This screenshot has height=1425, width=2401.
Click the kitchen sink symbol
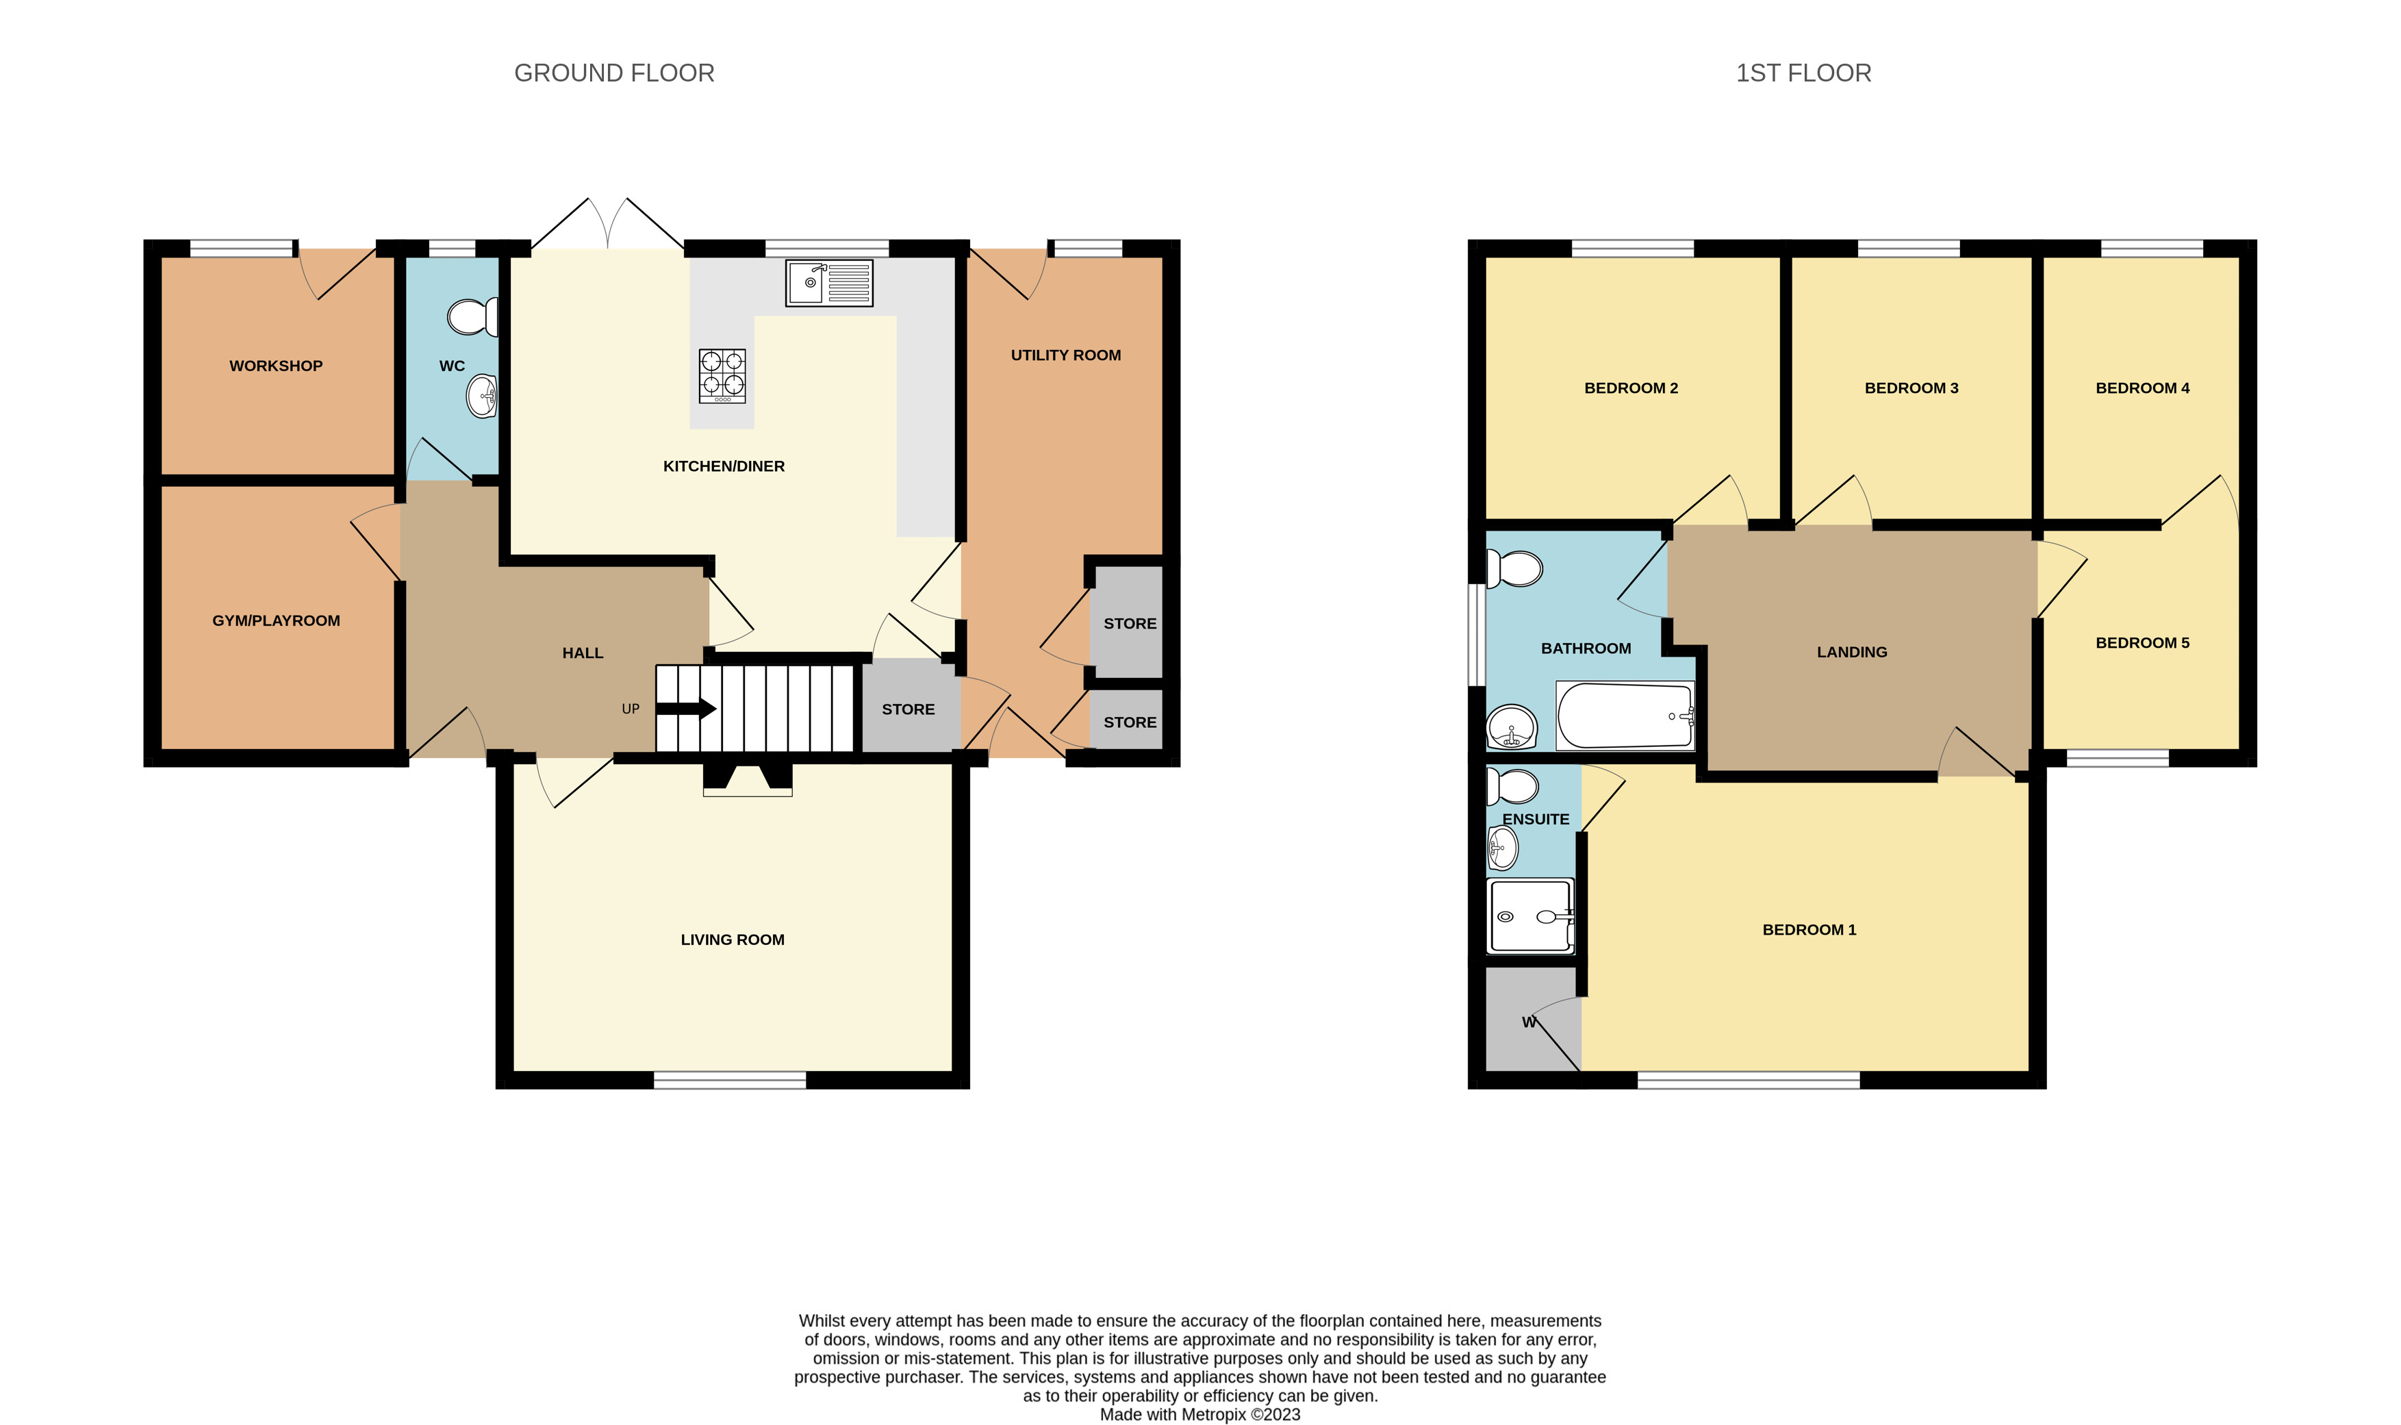coord(828,283)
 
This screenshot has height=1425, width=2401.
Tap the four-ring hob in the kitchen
coord(722,375)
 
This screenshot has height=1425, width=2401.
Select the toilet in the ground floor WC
coord(473,316)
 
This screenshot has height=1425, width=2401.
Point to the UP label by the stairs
coord(630,709)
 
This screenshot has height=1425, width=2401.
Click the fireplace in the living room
coord(747,779)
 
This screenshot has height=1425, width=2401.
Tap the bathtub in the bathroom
coord(1625,716)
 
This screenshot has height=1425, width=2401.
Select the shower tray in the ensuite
coord(1530,916)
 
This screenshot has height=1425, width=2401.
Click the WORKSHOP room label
coord(275,366)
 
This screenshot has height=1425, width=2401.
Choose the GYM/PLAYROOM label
coord(275,620)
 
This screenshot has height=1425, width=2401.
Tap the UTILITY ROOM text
coord(1065,355)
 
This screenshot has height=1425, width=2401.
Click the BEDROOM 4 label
coord(2142,388)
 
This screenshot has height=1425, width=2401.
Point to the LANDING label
coord(1851,652)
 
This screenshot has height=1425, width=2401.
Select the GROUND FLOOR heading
coord(614,73)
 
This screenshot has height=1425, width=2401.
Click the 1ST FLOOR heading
coord(1803,73)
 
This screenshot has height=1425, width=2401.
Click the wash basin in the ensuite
coord(1503,848)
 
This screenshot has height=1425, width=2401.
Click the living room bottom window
coord(730,1081)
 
